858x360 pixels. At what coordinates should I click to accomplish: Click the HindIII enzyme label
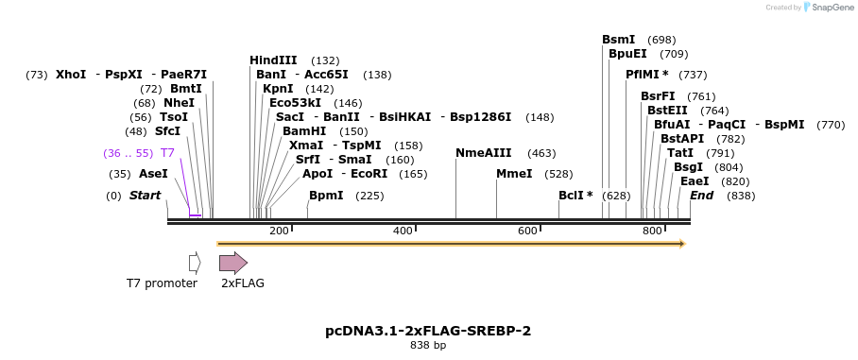[273, 60]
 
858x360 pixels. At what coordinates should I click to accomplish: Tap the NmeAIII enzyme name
[483, 153]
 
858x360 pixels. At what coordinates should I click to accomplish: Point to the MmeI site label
[514, 174]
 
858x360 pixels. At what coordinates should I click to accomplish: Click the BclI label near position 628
[575, 196]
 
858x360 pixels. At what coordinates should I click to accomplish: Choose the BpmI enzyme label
[326, 196]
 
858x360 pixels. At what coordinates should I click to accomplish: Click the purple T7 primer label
[167, 153]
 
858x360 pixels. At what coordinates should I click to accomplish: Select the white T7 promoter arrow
[195, 263]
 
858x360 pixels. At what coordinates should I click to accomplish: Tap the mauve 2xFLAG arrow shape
[232, 263]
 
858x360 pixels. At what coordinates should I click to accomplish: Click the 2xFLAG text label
[243, 283]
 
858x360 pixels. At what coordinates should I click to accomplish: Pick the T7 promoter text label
[163, 283]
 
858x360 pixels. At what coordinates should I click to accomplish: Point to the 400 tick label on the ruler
[403, 231]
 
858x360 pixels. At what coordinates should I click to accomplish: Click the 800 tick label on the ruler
[652, 231]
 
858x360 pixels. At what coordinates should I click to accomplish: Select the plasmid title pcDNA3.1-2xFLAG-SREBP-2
[428, 331]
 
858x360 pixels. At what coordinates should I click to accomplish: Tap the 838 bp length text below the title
[428, 346]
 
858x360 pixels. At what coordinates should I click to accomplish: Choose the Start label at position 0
[145, 196]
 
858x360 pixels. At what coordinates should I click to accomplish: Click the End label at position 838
[701, 196]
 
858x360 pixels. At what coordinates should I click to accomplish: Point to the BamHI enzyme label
[304, 131]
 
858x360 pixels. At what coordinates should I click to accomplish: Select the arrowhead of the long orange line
[681, 244]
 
